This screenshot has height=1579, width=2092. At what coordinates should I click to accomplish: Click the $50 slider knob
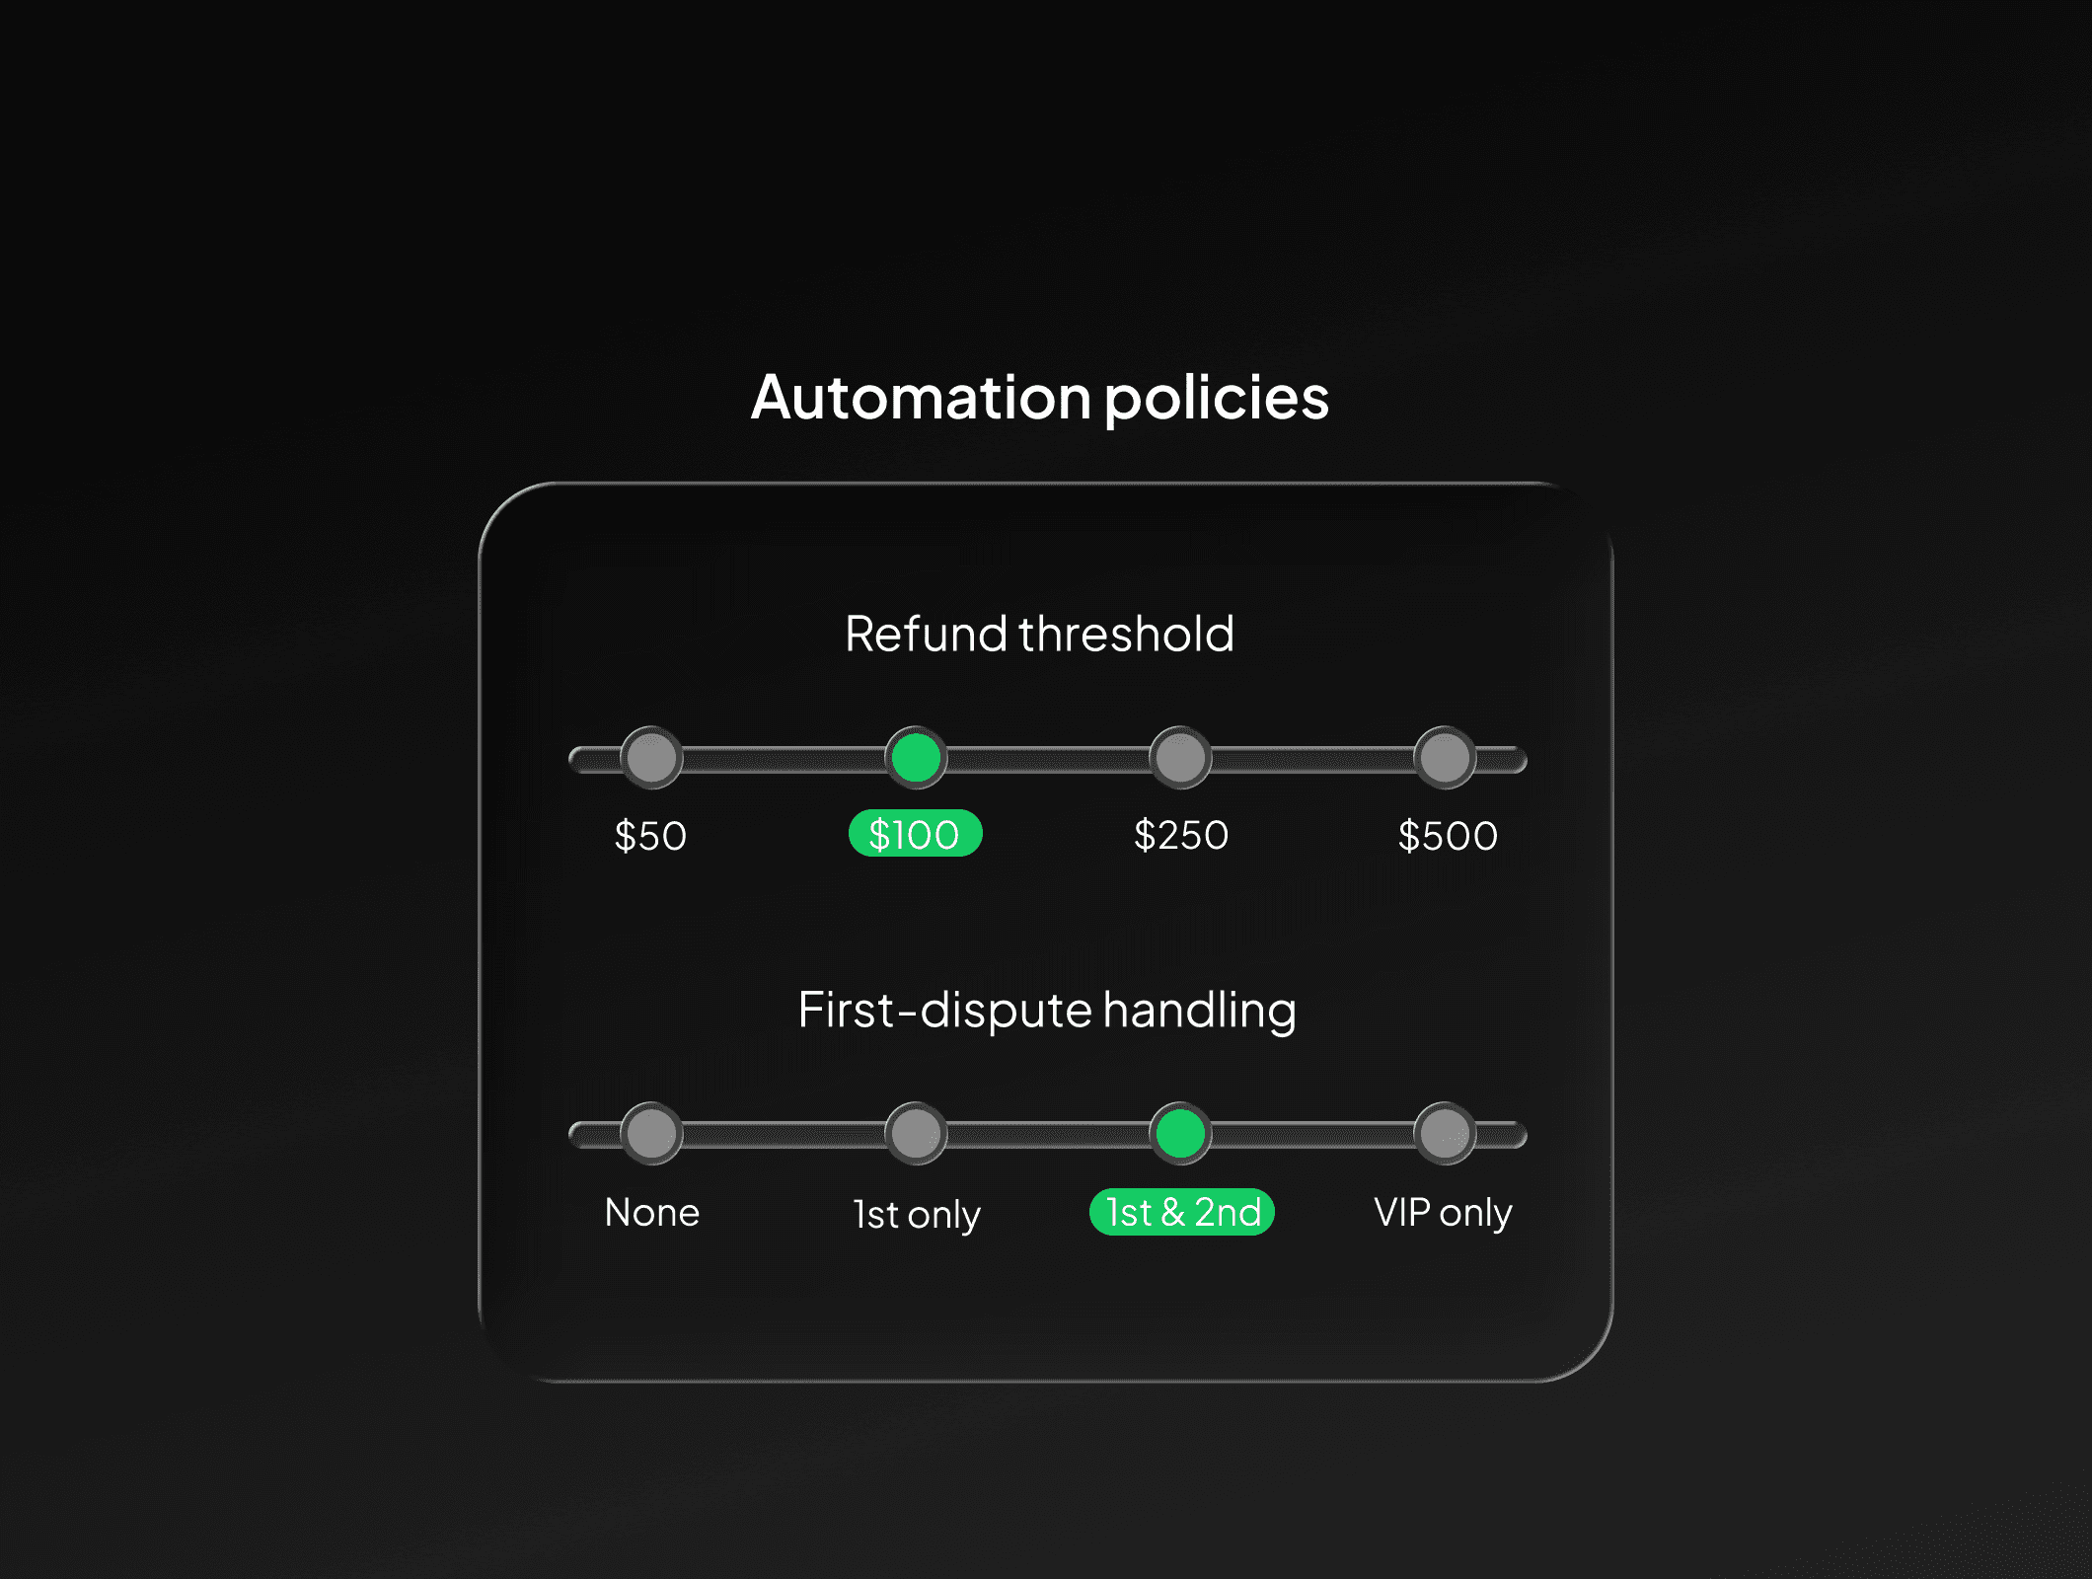tap(651, 758)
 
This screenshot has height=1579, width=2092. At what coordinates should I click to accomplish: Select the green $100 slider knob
tap(916, 758)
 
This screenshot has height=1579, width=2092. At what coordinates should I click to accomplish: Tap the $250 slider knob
tap(1180, 758)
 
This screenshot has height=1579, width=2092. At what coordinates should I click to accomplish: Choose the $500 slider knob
tap(1445, 758)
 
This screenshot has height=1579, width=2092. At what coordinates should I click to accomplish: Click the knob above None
tap(651, 1133)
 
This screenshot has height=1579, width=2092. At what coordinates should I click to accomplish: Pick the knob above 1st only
tap(916, 1133)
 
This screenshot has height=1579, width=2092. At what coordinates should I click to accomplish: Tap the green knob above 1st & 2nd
tap(1180, 1133)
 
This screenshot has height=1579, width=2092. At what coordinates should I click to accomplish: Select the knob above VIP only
tap(1445, 1133)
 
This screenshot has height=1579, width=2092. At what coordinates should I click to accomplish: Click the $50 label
tap(650, 836)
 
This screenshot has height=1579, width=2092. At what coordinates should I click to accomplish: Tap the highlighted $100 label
tap(915, 835)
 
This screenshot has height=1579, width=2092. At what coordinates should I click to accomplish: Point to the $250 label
tap(1181, 836)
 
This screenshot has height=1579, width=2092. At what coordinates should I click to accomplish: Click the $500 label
tap(1448, 836)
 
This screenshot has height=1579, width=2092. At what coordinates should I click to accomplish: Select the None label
tap(652, 1212)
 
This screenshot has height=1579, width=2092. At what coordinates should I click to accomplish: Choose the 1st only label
tap(917, 1214)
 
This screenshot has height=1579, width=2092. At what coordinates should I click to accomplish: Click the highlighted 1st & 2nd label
tap(1182, 1212)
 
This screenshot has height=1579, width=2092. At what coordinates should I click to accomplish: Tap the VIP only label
tap(1443, 1212)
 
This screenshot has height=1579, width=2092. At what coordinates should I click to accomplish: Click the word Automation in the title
tap(920, 397)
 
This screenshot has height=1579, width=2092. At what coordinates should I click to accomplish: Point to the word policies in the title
tap(1216, 399)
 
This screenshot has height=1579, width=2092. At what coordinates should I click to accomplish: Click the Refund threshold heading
tap(1039, 634)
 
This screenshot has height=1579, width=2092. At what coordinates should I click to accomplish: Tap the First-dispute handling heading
tap(1047, 1010)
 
